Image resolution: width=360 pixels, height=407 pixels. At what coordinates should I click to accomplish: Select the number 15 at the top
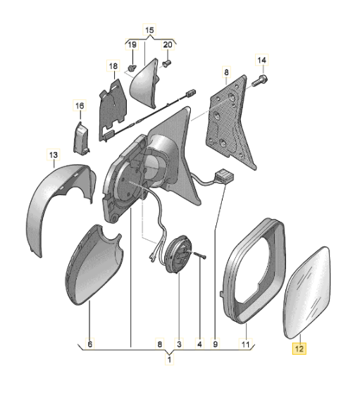click(149, 30)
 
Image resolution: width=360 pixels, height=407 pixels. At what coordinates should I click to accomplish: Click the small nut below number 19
click(132, 68)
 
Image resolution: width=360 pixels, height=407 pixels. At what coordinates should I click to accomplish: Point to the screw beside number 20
click(167, 64)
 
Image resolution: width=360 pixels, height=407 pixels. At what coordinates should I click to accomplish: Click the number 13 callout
click(53, 153)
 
